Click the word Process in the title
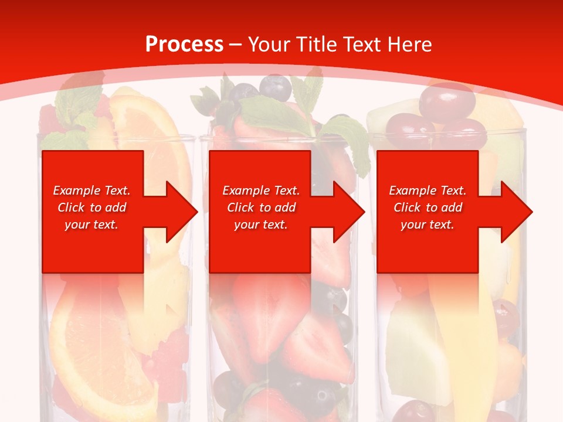point(184,45)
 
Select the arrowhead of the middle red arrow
point(348,212)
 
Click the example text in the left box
point(92,207)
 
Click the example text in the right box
point(428,207)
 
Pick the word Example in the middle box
point(240,190)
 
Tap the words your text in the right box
point(428,224)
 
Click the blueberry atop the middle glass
point(276,88)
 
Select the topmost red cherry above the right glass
point(447,100)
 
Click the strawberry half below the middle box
point(264,305)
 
